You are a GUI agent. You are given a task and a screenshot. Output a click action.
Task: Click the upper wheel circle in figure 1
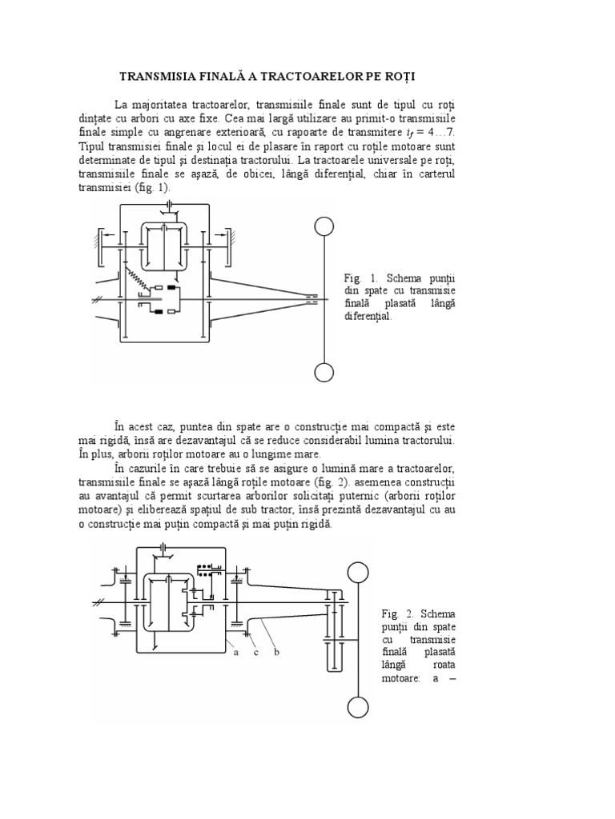(x=324, y=228)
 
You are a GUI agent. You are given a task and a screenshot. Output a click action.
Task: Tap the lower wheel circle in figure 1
(x=324, y=373)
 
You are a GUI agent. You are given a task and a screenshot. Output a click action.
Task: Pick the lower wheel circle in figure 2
(x=358, y=707)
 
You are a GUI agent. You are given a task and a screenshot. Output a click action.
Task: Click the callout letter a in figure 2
(x=236, y=653)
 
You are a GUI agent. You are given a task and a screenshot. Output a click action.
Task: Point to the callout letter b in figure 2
(x=276, y=653)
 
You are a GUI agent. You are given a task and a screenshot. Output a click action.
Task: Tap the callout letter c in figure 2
(x=256, y=653)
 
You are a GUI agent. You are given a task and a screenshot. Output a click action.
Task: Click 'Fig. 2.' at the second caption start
(x=398, y=613)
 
